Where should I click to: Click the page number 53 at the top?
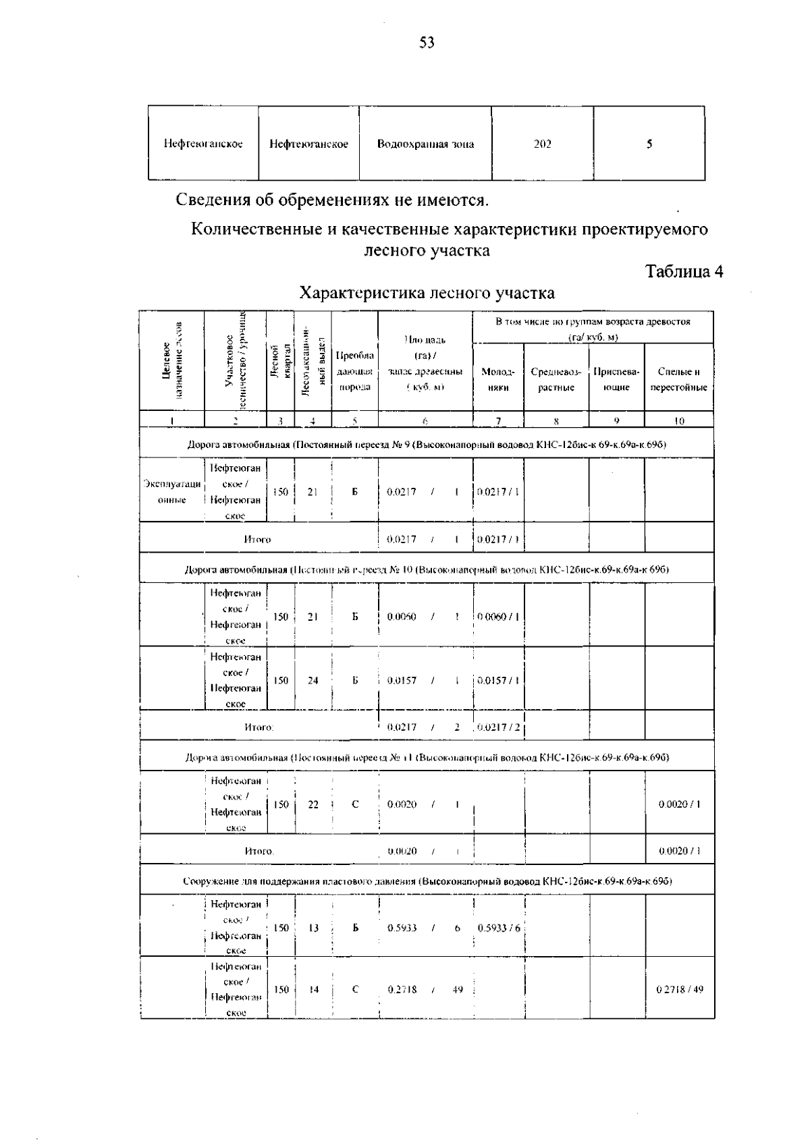pos(427,44)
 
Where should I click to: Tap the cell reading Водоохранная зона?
pos(425,144)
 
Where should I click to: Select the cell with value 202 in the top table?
pos(542,144)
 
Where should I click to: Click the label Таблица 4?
pos(684,271)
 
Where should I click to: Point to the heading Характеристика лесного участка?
pos(427,293)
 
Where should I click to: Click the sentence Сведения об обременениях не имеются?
pos(332,200)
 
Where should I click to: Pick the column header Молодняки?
pos(498,379)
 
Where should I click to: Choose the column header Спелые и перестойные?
pos(678,379)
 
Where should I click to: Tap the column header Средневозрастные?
pos(556,379)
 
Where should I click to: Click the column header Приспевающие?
pos(616,379)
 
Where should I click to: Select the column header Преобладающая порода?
pos(354,371)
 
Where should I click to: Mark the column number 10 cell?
pos(679,421)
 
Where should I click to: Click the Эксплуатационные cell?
pos(172,491)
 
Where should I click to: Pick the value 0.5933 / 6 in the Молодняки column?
pos(499,928)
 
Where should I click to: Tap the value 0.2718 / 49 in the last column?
pos(680,990)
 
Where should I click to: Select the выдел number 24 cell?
pos(313,680)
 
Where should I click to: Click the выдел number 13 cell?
pos(313,928)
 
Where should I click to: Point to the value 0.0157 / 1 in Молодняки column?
pos(498,680)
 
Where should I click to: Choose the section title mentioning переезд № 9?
pos(427,444)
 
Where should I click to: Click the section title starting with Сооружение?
pos(427,881)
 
